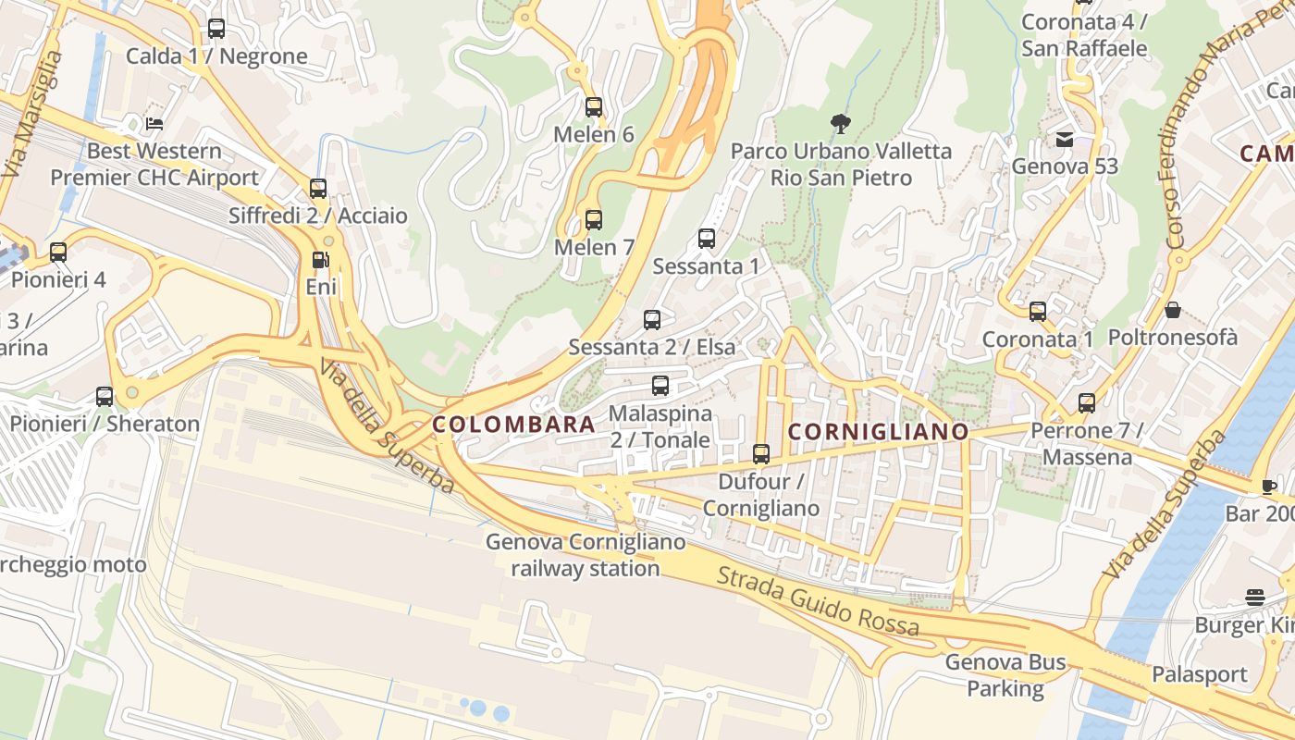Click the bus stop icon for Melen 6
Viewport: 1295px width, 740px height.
coord(594,107)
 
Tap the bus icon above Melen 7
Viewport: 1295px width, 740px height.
coord(594,220)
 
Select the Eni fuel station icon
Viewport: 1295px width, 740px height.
coord(320,261)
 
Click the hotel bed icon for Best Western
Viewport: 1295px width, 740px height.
coord(154,123)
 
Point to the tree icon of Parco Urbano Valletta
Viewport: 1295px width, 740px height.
coord(840,123)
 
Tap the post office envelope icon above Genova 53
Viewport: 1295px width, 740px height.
coord(1065,140)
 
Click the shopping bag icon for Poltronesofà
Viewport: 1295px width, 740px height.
coord(1172,310)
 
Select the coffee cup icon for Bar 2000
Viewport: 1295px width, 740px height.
coord(1269,487)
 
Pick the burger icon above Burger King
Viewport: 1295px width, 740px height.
coord(1255,598)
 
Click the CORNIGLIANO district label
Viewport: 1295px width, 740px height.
coord(878,432)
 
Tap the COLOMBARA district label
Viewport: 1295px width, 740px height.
coord(514,425)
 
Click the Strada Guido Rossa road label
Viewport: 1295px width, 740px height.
coord(819,602)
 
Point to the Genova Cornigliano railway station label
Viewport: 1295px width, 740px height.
coord(586,555)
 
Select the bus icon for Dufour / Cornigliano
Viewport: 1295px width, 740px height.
coord(761,454)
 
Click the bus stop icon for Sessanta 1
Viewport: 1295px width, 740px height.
coord(707,239)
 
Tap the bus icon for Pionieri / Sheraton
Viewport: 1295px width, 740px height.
coord(105,397)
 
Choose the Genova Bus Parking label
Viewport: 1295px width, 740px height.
coord(1005,675)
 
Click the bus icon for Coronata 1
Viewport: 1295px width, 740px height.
coord(1038,312)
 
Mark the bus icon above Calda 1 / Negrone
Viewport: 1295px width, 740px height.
coord(216,29)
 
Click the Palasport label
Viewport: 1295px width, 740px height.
coord(1199,674)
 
